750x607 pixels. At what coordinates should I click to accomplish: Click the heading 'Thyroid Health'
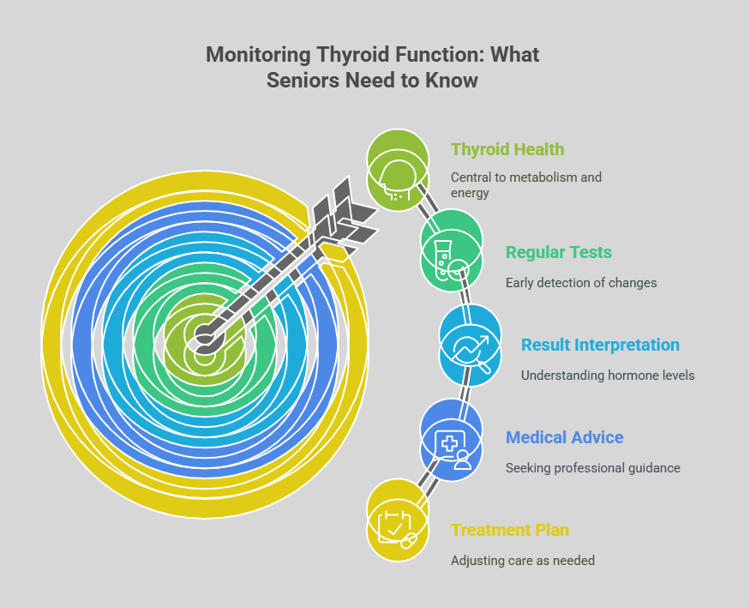[x=507, y=149]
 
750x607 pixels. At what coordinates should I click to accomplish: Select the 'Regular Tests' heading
[x=558, y=252]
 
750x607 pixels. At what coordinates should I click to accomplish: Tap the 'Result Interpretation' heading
[x=600, y=345]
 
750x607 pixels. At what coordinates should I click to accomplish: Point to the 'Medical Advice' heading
[x=564, y=437]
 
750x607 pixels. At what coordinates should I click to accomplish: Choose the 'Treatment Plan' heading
[x=509, y=530]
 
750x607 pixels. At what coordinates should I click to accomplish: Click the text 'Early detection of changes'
[x=581, y=283]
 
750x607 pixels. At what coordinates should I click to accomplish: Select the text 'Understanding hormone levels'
[x=608, y=376]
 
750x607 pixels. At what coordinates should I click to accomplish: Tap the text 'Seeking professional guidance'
[x=592, y=468]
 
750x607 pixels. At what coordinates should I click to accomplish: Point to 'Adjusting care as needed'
[x=523, y=561]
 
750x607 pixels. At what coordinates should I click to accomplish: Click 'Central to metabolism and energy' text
[x=526, y=185]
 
